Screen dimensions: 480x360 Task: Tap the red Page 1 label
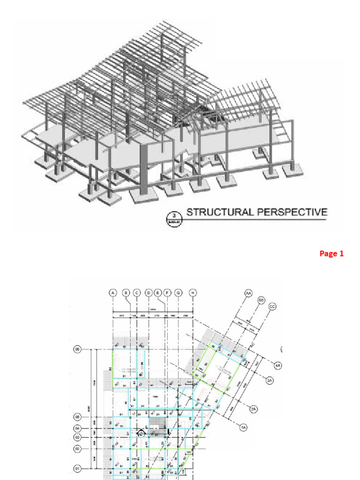coord(331,254)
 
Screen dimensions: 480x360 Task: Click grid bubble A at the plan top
coord(112,292)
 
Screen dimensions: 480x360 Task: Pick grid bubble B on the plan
coord(126,292)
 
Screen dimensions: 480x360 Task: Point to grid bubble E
coord(157,292)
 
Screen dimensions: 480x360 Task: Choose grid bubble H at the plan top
coord(193,292)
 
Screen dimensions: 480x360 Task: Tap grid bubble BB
coord(261,300)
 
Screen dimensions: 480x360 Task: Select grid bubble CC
coord(272,307)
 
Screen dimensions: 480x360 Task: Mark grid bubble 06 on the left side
coord(78,349)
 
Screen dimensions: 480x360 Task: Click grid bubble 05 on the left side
coord(78,416)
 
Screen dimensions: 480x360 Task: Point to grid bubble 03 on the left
coord(78,437)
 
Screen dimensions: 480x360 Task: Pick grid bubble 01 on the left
coord(78,468)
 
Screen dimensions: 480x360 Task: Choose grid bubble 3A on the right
coord(270,381)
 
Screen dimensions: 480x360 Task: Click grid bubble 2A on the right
coord(254,409)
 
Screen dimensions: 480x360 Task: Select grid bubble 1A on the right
coord(243,427)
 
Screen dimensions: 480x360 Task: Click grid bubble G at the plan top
coord(178,292)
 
